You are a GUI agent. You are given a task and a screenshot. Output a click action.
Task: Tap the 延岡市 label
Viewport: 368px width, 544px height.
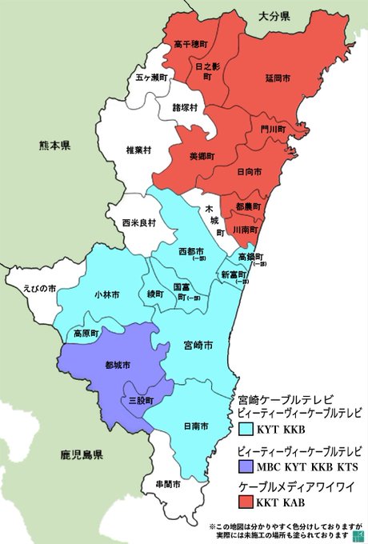[x=278, y=78]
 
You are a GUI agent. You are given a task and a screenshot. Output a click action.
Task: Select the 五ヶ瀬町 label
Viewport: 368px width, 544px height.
[x=151, y=78]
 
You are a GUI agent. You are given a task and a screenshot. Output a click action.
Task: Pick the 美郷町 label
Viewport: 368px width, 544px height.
[x=202, y=157]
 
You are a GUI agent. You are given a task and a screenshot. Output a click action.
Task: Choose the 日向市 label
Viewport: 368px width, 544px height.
[x=249, y=171]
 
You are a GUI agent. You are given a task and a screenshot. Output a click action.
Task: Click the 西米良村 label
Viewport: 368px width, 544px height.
[x=138, y=223]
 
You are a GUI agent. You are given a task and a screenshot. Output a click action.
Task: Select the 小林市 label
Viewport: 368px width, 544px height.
[x=106, y=295]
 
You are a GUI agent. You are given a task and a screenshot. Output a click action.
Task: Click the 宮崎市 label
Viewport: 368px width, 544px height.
[x=197, y=346]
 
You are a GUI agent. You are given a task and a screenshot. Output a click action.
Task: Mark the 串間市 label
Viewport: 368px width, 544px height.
[x=168, y=485]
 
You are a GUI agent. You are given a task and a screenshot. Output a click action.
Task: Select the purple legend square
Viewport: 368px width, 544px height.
[x=247, y=466]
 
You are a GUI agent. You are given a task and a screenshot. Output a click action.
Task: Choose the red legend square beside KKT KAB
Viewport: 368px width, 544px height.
[x=247, y=502]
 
